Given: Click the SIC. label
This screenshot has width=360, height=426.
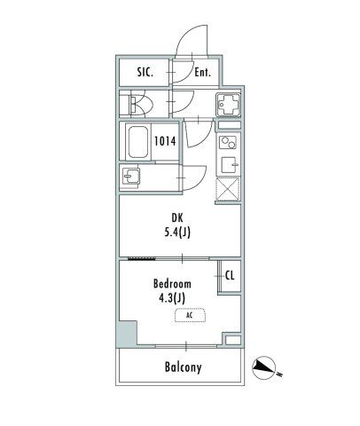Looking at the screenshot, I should tap(145, 73).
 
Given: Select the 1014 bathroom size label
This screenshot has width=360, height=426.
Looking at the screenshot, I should tap(165, 140).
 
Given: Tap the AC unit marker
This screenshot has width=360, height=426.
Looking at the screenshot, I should tap(188, 315).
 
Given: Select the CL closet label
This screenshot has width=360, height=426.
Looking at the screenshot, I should tap(229, 275).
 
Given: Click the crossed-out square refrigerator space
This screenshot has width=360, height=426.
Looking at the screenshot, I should tap(227, 189).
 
